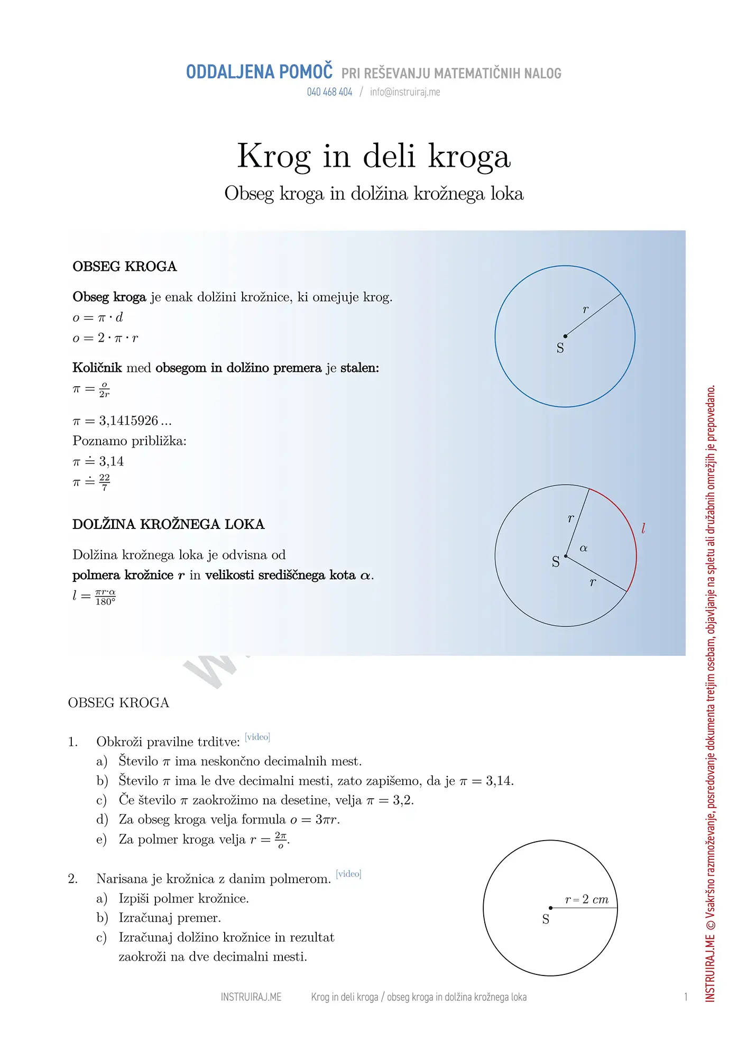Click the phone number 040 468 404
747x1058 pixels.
coord(329,92)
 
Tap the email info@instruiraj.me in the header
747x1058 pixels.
coord(405,92)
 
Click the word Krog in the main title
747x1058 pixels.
coord(273,157)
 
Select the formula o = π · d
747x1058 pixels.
coord(98,317)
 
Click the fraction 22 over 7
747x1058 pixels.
coord(105,482)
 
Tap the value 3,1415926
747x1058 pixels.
coord(128,421)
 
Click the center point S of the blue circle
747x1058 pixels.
coord(565,336)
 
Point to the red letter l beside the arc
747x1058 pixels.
coord(643,528)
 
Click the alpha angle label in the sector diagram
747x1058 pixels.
coord(584,548)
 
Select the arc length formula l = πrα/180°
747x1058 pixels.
coord(94,597)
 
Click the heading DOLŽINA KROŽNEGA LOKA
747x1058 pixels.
coord(168,524)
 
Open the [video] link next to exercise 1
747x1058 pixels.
coord(257,737)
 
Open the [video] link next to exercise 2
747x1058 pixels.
coord(349,874)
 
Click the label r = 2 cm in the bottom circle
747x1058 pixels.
coord(587,899)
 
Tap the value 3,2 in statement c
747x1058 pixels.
coord(402,800)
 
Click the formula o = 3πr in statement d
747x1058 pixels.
coord(315,820)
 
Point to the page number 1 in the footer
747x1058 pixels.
coord(686,997)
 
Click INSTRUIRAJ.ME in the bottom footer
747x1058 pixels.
coord(251,997)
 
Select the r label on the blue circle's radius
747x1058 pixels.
coord(585,309)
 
